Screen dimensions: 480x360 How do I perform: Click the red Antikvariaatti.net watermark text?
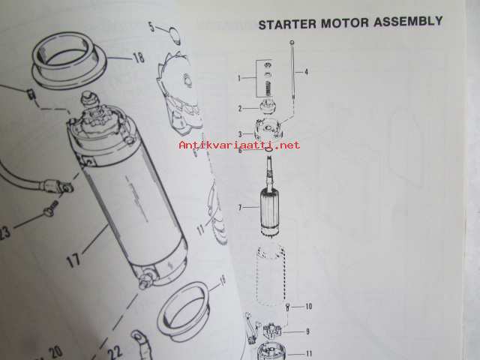[239, 145]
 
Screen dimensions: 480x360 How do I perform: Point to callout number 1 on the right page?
[239, 78]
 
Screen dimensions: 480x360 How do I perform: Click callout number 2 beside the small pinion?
[240, 108]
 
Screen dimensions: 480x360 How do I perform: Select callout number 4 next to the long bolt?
[306, 72]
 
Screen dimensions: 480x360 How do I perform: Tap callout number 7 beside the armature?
[240, 208]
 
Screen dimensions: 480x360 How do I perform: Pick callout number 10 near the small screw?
[308, 306]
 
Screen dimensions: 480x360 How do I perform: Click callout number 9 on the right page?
[307, 331]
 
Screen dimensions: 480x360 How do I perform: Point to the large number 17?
[73, 261]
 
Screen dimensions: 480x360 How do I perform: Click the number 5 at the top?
[152, 27]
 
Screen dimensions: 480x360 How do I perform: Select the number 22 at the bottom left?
[115, 351]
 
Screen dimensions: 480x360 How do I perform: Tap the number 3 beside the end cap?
[240, 134]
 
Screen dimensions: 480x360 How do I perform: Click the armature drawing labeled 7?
[270, 196]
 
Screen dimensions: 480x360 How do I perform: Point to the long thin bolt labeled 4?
[293, 70]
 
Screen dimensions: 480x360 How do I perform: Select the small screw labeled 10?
[287, 307]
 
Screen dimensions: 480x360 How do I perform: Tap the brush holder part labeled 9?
[272, 330]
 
